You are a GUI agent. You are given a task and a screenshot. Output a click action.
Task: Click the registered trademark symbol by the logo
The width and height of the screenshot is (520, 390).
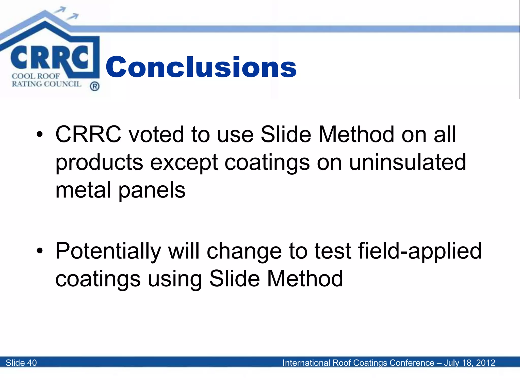[x=94, y=87]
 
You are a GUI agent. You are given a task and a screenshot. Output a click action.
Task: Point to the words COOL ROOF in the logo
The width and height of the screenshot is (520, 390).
[x=36, y=76]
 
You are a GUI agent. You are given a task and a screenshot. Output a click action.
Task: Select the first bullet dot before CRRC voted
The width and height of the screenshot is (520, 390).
[x=39, y=135]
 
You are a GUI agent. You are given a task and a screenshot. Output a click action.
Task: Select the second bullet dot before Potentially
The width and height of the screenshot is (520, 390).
[x=39, y=251]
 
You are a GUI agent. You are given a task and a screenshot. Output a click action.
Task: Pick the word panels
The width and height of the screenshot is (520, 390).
[x=152, y=190]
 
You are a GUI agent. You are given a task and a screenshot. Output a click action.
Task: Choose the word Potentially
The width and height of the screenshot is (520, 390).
[x=108, y=251]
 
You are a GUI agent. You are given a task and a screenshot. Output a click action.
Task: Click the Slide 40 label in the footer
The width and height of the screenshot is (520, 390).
[x=21, y=363]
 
